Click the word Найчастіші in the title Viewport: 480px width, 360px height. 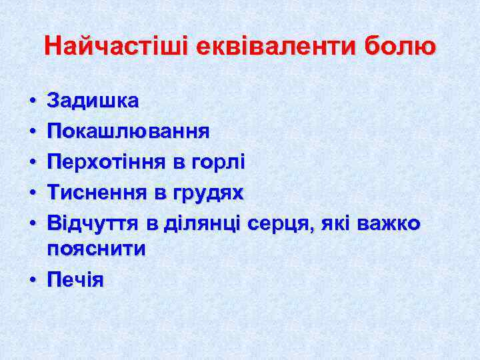point(117,47)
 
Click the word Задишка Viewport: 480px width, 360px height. point(93,101)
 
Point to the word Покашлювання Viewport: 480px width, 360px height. point(128,131)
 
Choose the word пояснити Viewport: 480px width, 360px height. point(96,249)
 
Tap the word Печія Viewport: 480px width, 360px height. point(75,280)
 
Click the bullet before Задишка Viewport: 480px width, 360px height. point(32,102)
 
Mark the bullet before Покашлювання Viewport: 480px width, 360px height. point(32,133)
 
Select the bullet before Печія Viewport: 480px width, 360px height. point(32,281)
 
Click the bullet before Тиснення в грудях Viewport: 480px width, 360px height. point(32,194)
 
